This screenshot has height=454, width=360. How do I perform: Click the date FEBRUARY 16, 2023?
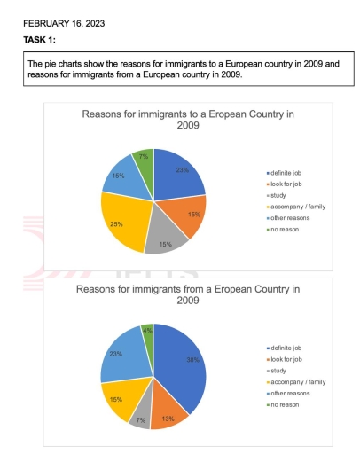[63, 23]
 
